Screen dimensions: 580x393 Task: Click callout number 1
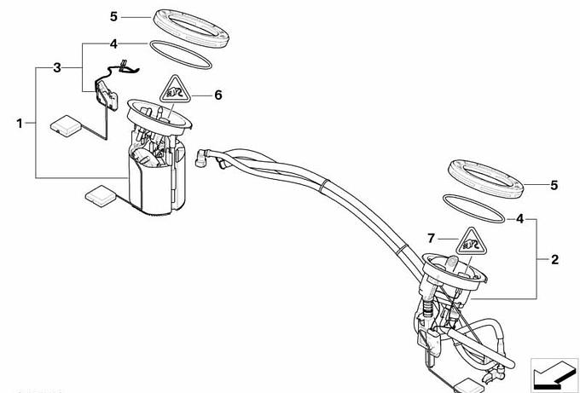pos(20,123)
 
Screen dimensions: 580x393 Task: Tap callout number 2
pos(554,259)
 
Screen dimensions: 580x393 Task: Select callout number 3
pos(57,67)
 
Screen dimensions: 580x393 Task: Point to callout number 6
pos(218,95)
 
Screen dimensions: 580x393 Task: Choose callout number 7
pos(431,239)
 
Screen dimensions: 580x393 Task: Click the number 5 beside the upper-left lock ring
pos(113,17)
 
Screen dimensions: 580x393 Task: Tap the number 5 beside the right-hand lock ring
pos(554,185)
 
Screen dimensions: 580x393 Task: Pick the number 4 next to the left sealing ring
pos(113,44)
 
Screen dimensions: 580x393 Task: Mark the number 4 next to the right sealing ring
pos(519,219)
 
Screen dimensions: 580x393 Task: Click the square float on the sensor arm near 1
pos(66,125)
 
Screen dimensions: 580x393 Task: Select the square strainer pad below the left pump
pos(101,196)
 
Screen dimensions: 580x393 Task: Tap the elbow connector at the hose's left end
pos(201,159)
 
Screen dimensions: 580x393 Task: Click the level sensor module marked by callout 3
pos(107,95)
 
